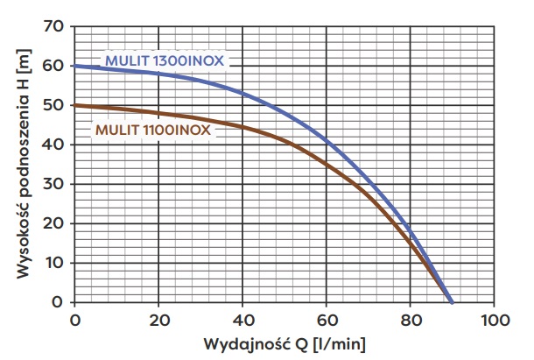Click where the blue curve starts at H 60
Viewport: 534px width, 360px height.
coord(75,66)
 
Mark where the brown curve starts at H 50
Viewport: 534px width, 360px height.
coord(75,105)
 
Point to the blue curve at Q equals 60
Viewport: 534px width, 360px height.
coord(327,140)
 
